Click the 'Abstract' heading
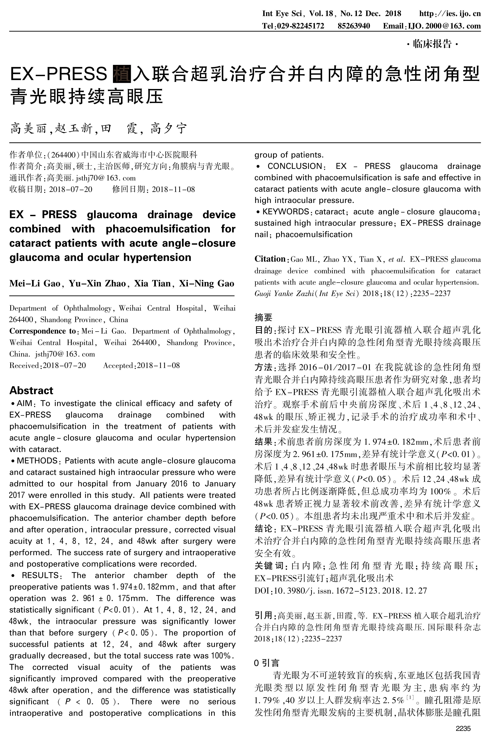[31, 390]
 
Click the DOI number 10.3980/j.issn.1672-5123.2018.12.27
[350, 591]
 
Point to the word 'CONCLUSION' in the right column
[295, 166]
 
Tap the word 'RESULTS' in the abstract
[40, 575]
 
